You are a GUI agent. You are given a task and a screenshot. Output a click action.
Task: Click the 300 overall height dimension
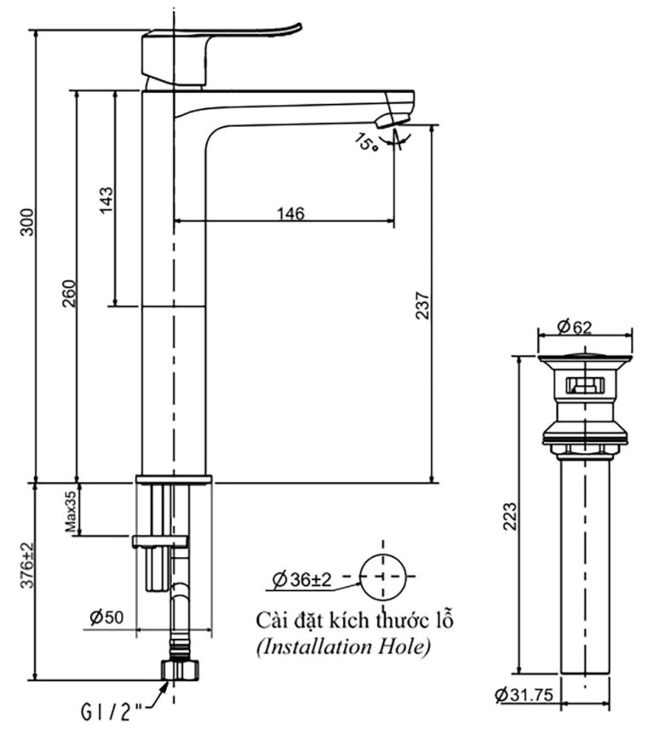pyautogui.click(x=28, y=222)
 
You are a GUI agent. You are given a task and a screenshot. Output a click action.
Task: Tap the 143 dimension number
pyautogui.click(x=106, y=200)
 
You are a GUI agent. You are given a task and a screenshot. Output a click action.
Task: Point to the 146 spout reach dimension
pyautogui.click(x=290, y=213)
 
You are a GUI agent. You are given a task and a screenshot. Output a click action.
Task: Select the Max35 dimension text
pyautogui.click(x=72, y=508)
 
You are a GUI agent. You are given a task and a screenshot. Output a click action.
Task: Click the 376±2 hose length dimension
pyautogui.click(x=27, y=566)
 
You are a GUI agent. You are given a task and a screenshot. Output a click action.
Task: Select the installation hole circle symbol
pyautogui.click(x=383, y=577)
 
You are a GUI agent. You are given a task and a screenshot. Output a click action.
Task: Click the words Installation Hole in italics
pyautogui.click(x=343, y=648)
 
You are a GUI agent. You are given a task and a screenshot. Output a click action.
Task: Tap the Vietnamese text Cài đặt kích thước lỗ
pyautogui.click(x=355, y=620)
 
